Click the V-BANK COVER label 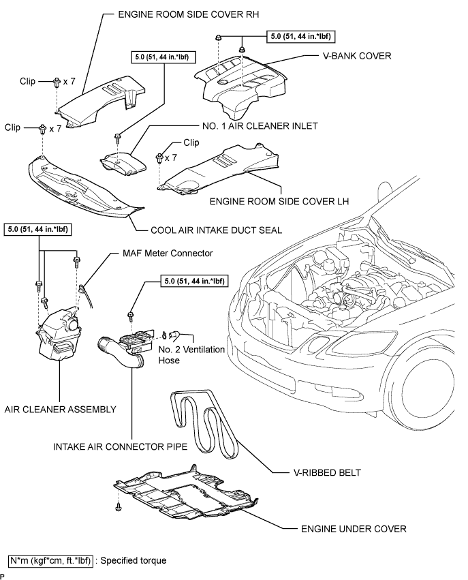[x=357, y=56]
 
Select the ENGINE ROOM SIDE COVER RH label [x=189, y=14]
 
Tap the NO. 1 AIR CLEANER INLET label [x=260, y=126]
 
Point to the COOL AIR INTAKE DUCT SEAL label [x=216, y=230]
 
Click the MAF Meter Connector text [x=168, y=253]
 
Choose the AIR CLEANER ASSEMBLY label [x=60, y=409]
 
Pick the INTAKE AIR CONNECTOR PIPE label [x=120, y=446]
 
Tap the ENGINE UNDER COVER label [x=354, y=529]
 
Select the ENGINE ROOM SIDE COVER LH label [x=279, y=201]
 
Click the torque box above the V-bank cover [x=301, y=36]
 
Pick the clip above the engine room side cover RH [x=57, y=82]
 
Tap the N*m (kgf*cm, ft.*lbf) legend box [x=50, y=561]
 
